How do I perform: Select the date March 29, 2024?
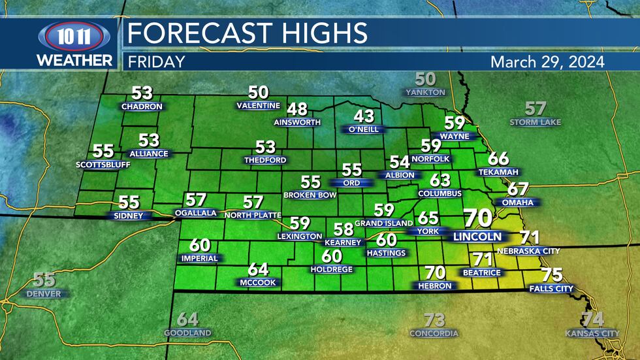click(x=547, y=61)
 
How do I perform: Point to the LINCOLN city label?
click(x=478, y=237)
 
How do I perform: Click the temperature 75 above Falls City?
click(x=552, y=275)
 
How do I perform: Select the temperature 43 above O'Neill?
click(x=364, y=116)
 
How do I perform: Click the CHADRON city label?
click(x=142, y=106)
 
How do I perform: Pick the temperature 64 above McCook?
click(x=258, y=269)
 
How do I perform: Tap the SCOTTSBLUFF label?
click(x=103, y=165)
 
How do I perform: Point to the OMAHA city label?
click(x=518, y=203)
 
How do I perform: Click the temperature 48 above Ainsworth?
click(x=297, y=109)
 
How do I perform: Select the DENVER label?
click(x=44, y=294)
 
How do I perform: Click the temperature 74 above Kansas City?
click(x=592, y=319)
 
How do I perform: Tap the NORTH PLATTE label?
click(x=253, y=215)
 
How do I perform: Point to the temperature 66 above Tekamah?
click(x=498, y=158)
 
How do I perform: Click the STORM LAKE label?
click(x=536, y=122)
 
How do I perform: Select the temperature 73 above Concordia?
click(x=434, y=320)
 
